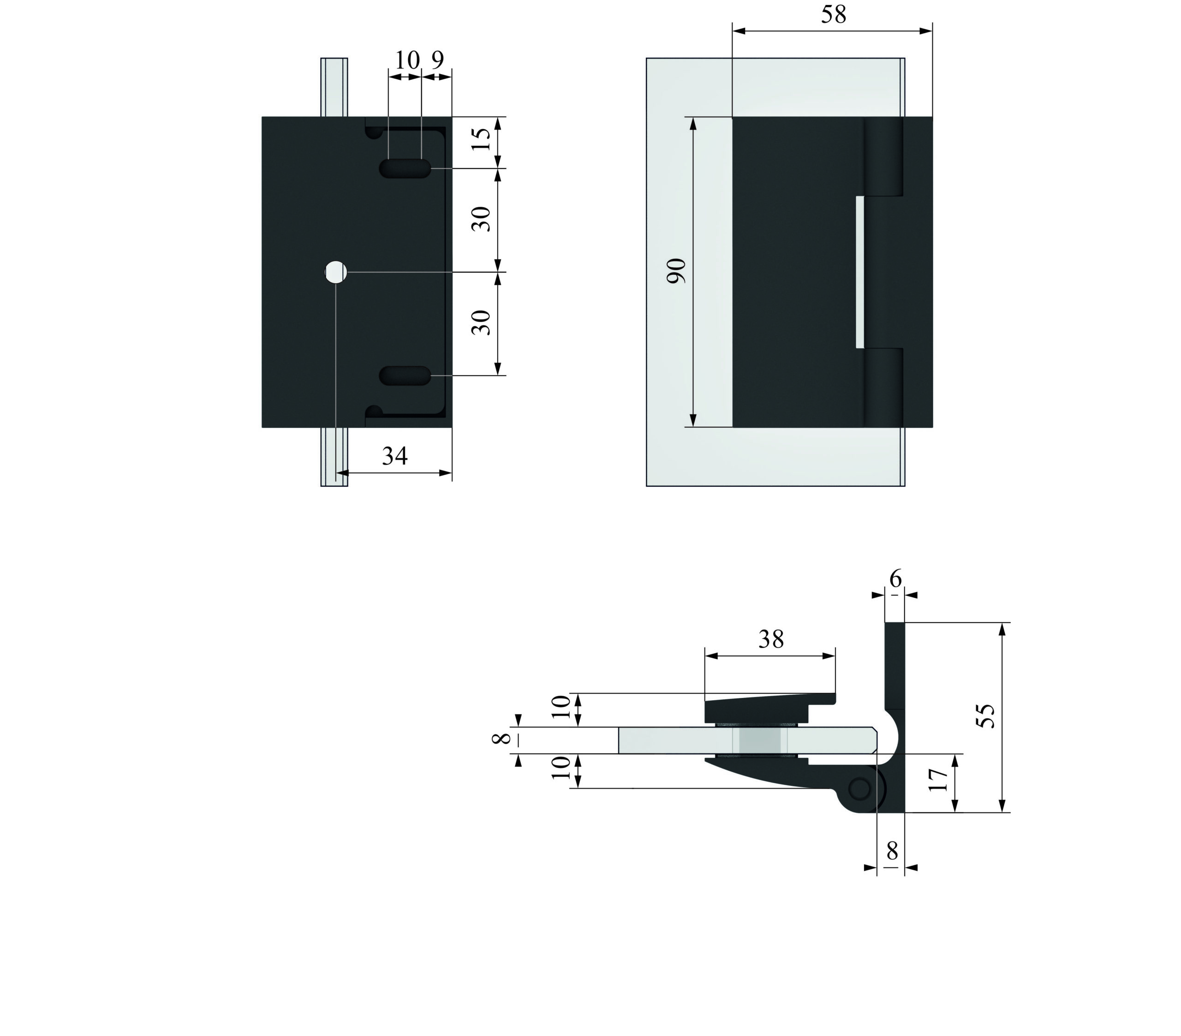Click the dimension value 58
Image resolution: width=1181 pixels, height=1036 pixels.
point(833,14)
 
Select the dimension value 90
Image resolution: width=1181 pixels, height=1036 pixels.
point(676,271)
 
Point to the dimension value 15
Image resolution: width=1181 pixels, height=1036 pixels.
point(481,139)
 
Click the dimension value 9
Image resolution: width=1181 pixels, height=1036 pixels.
point(437,60)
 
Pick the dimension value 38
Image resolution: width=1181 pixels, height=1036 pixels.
point(771,639)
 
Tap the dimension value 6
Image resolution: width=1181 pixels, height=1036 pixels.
point(895,578)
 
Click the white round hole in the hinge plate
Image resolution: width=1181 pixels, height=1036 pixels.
point(336,272)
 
